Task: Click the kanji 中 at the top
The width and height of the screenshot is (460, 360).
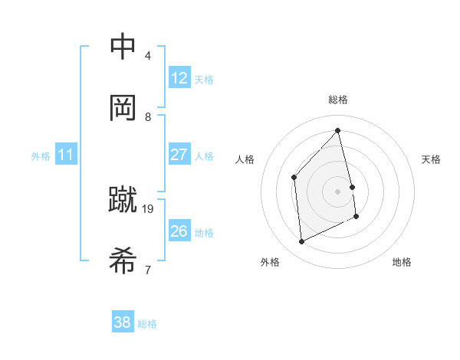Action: (x=123, y=47)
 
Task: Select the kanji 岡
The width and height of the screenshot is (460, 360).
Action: (x=123, y=108)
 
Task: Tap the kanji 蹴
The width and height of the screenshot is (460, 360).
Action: (x=123, y=201)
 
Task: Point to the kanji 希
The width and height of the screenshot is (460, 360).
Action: (x=123, y=261)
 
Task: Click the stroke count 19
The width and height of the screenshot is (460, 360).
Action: (x=149, y=208)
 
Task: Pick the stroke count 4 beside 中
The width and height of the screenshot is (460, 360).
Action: (x=148, y=55)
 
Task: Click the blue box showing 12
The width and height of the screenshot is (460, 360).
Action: (x=179, y=78)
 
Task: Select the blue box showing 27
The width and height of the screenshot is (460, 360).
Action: (x=179, y=155)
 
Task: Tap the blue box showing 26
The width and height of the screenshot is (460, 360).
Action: (x=179, y=231)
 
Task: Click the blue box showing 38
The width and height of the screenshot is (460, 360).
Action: (x=123, y=322)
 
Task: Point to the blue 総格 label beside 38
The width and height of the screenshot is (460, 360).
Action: (x=147, y=324)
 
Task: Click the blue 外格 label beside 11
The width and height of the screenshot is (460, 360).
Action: (x=41, y=156)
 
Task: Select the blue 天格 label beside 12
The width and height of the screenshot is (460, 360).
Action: (x=204, y=80)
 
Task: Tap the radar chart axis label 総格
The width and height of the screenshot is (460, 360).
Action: (x=338, y=100)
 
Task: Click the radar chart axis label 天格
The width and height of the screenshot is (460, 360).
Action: (x=432, y=159)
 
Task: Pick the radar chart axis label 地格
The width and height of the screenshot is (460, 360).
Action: (x=402, y=262)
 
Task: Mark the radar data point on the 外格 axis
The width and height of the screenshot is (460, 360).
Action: (x=301, y=242)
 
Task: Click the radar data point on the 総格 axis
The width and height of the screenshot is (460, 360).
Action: (x=338, y=130)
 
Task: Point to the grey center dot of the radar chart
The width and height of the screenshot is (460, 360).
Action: (x=338, y=191)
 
